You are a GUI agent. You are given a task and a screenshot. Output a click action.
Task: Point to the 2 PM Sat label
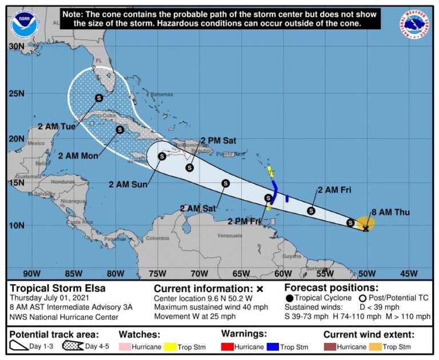coord(218,140)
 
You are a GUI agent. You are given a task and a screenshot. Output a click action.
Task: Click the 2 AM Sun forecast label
coord(128,184)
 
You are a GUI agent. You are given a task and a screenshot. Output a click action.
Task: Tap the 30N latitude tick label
coord(16,46)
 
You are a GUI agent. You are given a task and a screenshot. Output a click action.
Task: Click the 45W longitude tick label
coord(409,273)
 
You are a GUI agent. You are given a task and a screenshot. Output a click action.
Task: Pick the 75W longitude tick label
coord(157,273)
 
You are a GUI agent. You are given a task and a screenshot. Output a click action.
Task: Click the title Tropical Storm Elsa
coord(58,288)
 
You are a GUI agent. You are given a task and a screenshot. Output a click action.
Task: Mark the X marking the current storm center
coord(366,229)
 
